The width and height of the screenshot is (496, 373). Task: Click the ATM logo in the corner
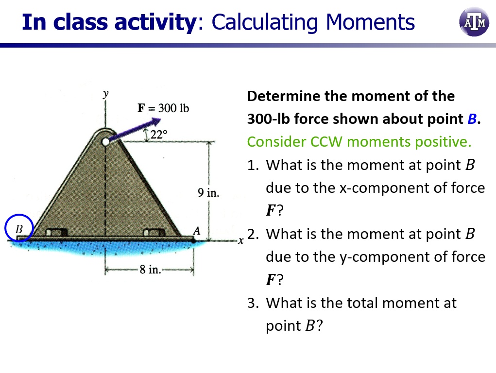point(474,22)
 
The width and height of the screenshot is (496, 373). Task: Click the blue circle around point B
point(19,228)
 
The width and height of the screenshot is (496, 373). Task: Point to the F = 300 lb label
point(163,108)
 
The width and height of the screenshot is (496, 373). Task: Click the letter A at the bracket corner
point(196,230)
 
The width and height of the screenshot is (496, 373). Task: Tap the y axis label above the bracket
point(105,93)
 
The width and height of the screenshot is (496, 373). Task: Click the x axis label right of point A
point(239,241)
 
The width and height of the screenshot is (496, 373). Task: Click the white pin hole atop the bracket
point(105,142)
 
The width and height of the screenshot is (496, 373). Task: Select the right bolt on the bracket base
point(154,233)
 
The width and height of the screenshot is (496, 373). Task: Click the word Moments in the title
point(370,22)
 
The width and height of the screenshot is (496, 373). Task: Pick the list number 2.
point(252,234)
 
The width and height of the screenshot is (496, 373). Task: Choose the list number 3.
point(252,303)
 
